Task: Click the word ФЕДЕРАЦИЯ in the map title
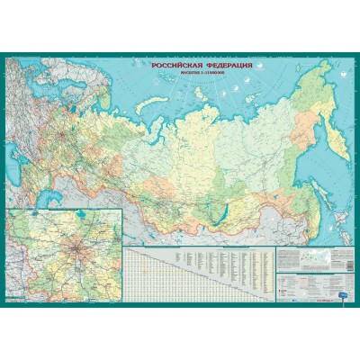point(225,67)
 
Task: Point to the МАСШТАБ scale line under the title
point(199,75)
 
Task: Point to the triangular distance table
point(153,270)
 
